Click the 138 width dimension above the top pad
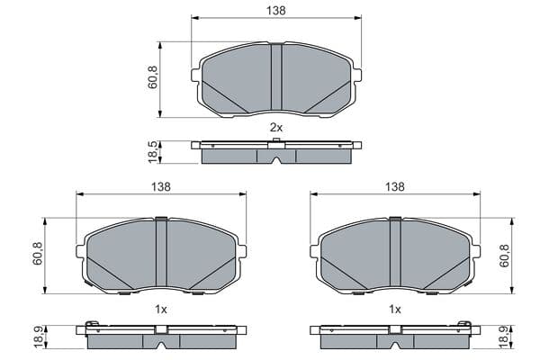coord(276,11)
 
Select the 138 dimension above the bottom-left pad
coord(161,186)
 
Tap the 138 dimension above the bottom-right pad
coord(395,186)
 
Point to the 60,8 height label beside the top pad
coord(153,77)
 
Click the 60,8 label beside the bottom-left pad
coord(38,254)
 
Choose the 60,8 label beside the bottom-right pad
coord(505,256)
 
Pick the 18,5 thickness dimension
coord(153,152)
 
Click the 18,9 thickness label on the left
coord(38,337)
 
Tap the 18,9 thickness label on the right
coord(505,337)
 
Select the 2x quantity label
coord(276,128)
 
